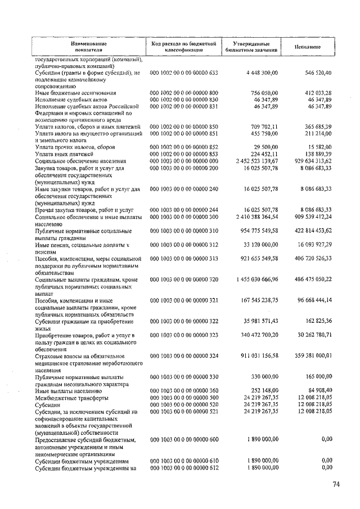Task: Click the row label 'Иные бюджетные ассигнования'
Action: (75, 93)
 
